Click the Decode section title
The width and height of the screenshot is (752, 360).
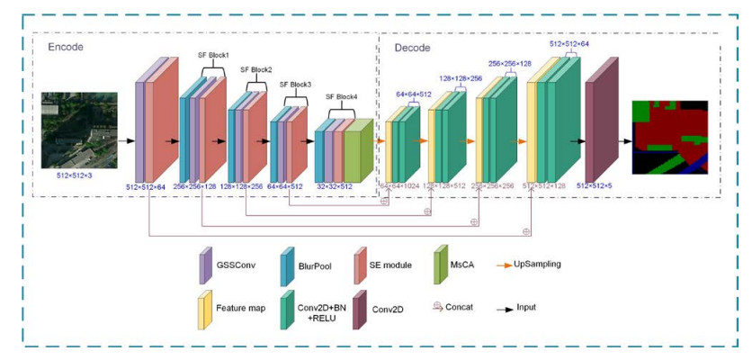point(412,47)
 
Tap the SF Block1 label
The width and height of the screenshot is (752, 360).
point(212,55)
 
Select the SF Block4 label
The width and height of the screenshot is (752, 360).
point(341,96)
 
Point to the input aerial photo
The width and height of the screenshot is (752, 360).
point(80,136)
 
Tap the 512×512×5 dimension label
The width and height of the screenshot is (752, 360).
point(604,186)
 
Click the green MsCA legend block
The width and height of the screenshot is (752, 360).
point(442,262)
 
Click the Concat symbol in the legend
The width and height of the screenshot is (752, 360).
point(439,307)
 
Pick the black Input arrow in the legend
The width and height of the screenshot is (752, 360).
point(501,307)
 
